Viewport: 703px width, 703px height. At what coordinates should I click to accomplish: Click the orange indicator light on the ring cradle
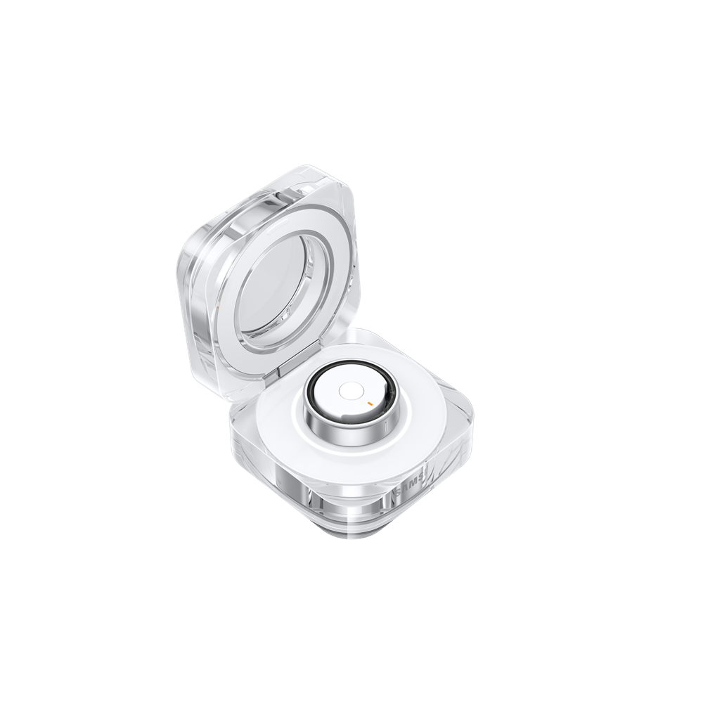tap(368, 403)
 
